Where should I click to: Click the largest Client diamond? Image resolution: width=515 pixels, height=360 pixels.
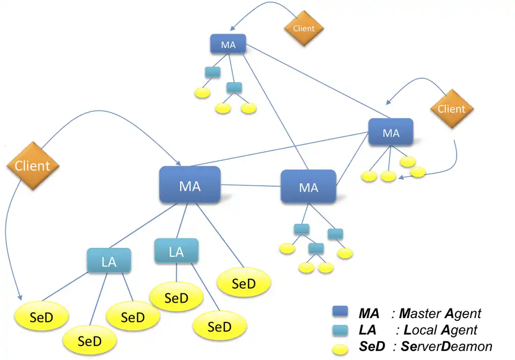(33, 166)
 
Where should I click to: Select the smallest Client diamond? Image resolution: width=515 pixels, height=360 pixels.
(304, 28)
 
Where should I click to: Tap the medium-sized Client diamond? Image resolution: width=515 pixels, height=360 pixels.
(451, 109)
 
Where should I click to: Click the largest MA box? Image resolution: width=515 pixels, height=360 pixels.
(190, 185)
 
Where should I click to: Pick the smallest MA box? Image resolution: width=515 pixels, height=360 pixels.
(228, 44)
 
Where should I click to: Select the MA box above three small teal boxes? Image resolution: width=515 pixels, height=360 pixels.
(308, 187)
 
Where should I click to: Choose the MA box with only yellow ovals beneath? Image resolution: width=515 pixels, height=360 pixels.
(391, 133)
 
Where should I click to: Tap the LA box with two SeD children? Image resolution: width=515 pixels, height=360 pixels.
(176, 251)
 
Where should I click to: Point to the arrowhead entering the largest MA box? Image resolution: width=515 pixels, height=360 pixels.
(179, 162)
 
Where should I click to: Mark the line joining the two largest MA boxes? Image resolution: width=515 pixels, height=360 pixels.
(251, 186)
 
